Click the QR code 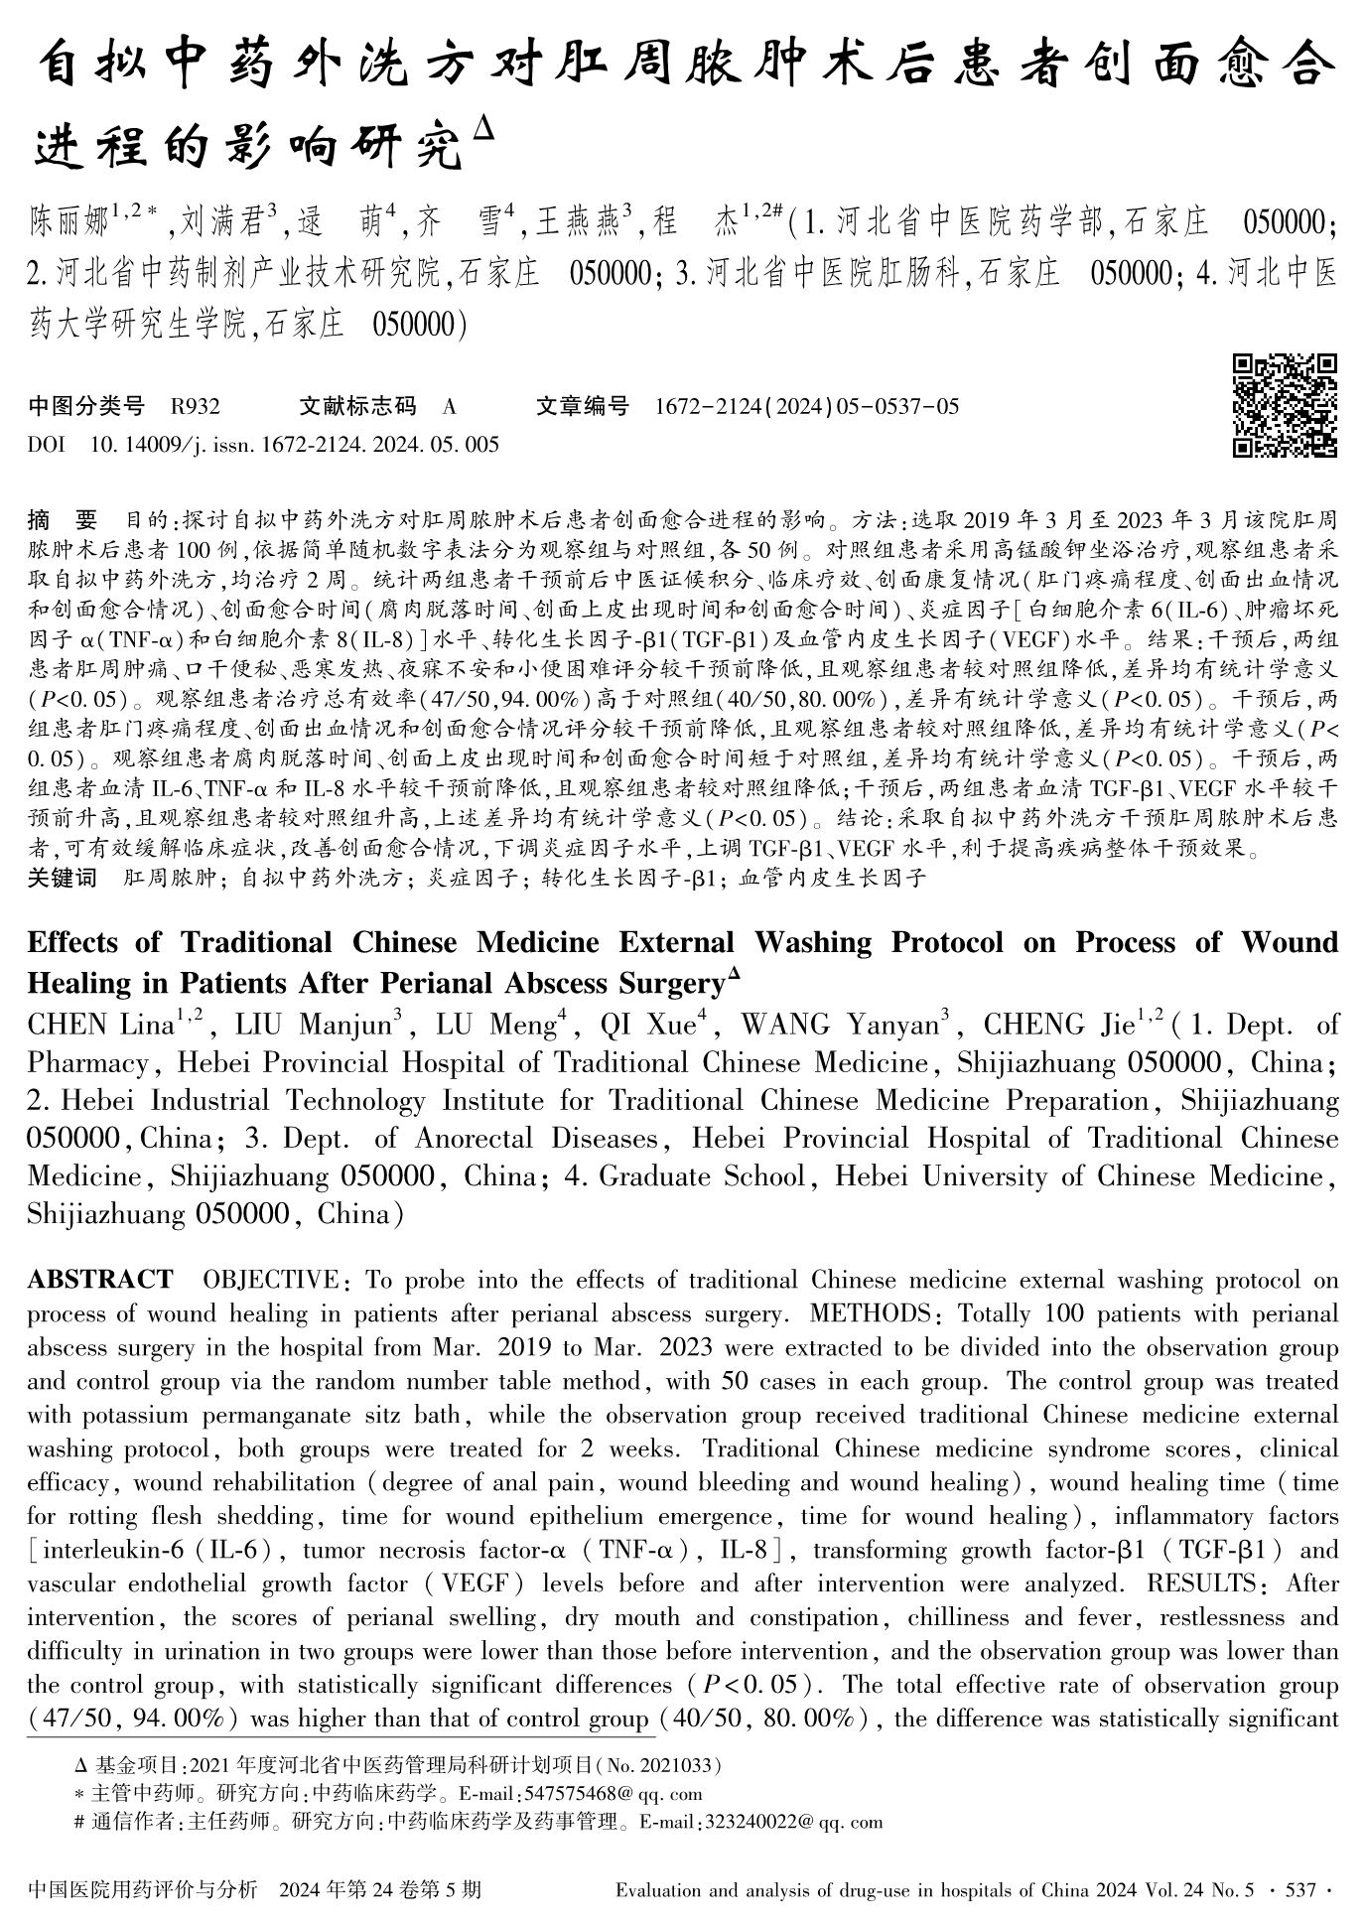(1284, 405)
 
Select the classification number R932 (195, 406)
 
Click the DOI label (46, 444)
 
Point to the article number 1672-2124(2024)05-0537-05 (807, 406)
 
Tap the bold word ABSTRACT (99, 1280)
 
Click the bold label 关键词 (62, 878)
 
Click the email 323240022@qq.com (791, 1822)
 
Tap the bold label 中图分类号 (85, 406)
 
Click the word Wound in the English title (1289, 942)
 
